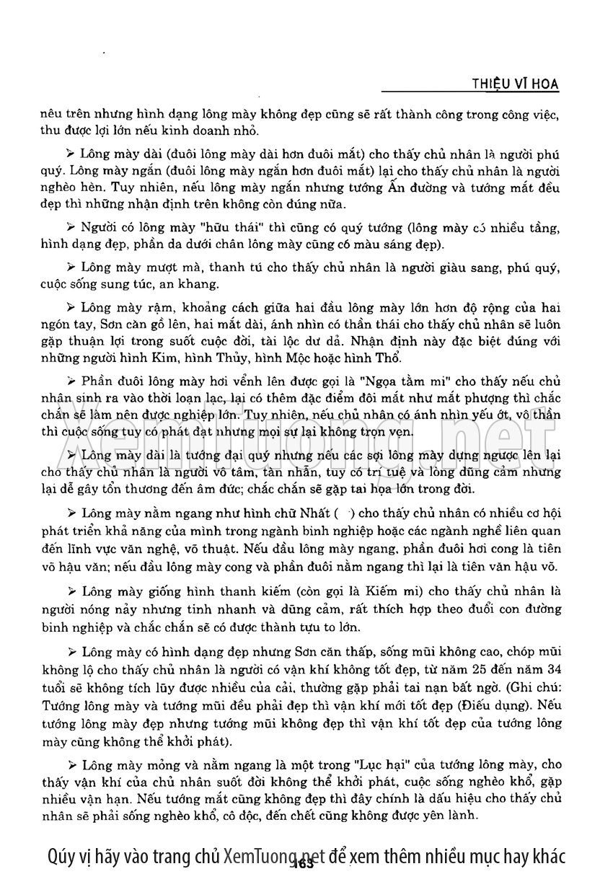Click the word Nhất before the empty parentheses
(x=313, y=513)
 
